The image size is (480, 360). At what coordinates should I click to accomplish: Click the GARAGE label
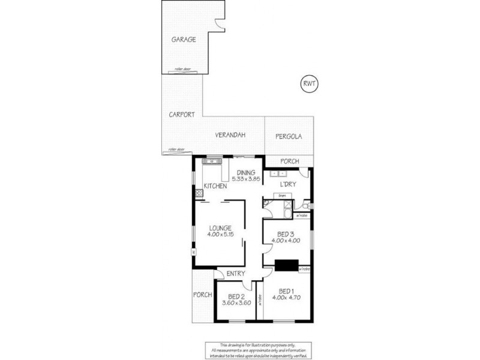coord(184,39)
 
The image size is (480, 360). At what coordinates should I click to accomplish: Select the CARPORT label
coord(181,115)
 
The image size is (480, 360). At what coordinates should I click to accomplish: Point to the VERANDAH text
coord(232,136)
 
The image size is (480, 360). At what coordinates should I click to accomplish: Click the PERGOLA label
coord(289,136)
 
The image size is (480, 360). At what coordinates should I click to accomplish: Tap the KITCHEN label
coord(215,187)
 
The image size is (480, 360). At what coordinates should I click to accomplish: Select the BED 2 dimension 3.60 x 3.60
coord(236,304)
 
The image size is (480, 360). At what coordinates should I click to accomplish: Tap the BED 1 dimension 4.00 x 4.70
coord(288,296)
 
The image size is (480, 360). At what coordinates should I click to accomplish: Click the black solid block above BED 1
coord(286,264)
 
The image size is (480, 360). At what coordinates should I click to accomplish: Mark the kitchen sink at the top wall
coord(212,162)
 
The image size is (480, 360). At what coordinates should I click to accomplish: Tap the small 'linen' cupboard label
coord(281,196)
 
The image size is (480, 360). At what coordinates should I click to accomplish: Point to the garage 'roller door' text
coord(182,70)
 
